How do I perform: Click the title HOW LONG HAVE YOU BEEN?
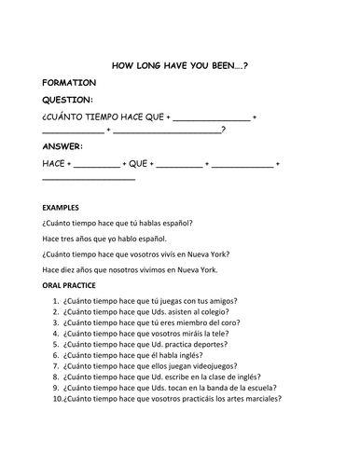[178, 66]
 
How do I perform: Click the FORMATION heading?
[69, 83]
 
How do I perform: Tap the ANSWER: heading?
[62, 146]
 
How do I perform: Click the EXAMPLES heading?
[61, 207]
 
